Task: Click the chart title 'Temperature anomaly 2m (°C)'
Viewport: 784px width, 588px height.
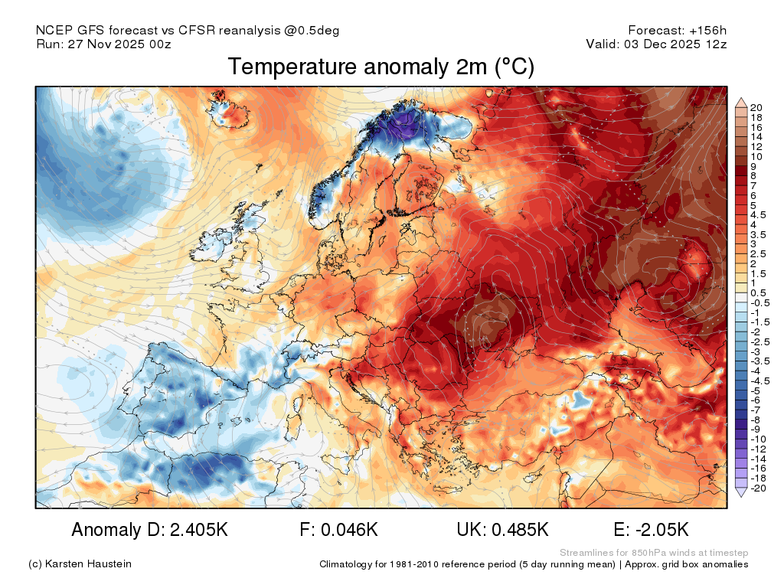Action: pyautogui.click(x=381, y=67)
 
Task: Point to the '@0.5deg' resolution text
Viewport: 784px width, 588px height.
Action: pyautogui.click(x=315, y=31)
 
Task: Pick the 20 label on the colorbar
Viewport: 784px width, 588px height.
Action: pyautogui.click(x=756, y=106)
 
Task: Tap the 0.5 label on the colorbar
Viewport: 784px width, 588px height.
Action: pyautogui.click(x=758, y=292)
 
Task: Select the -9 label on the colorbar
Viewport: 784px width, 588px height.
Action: pyautogui.click(x=756, y=430)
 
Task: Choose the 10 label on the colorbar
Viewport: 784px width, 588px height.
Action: pyautogui.click(x=756, y=156)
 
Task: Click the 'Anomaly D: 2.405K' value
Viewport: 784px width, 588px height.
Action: pyautogui.click(x=149, y=530)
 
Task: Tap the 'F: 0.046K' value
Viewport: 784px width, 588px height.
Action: pyautogui.click(x=340, y=530)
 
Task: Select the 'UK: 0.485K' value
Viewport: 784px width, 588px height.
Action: pyautogui.click(x=502, y=530)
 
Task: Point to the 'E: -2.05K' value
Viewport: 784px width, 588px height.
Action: pyautogui.click(x=652, y=530)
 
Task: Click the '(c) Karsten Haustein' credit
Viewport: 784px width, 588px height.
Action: pyautogui.click(x=80, y=564)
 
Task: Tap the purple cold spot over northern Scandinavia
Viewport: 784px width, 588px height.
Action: pyautogui.click(x=406, y=130)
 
